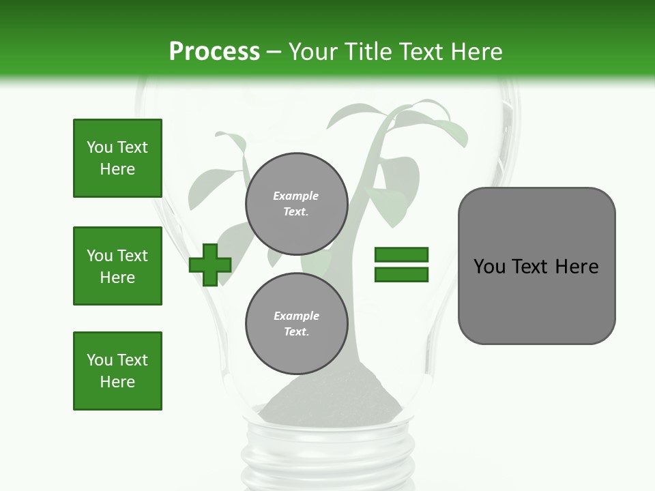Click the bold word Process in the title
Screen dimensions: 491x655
tap(214, 52)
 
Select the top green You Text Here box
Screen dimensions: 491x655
tap(117, 158)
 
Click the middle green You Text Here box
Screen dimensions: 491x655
tap(117, 266)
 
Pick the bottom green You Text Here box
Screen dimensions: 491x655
tap(117, 371)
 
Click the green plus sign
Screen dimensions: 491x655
tap(210, 265)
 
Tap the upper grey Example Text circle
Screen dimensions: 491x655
tap(297, 204)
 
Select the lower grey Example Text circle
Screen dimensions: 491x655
tap(297, 324)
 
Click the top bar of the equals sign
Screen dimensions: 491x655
tap(401, 254)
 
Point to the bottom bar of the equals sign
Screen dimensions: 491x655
tap(401, 275)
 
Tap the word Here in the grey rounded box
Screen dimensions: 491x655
tap(577, 267)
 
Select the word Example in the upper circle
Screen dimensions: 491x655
tap(296, 196)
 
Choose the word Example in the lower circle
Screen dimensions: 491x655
tap(296, 316)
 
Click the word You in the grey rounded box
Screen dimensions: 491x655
tap(489, 267)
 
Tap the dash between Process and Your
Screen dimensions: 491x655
tap(274, 52)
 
